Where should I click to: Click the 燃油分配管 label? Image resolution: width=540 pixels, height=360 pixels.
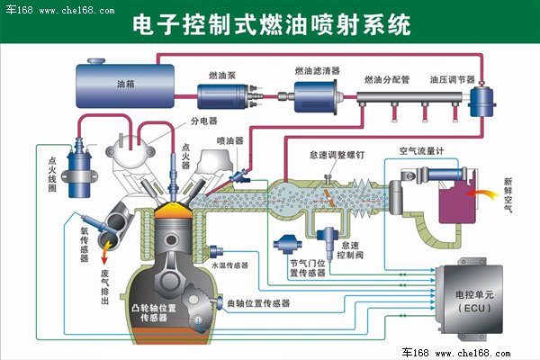click(387, 79)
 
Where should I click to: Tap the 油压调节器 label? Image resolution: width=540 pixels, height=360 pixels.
click(452, 79)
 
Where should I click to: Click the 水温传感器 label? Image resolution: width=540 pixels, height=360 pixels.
click(229, 265)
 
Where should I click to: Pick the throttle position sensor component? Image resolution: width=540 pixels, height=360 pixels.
click(291, 245)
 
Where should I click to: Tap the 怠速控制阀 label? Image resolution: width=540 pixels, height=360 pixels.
click(352, 249)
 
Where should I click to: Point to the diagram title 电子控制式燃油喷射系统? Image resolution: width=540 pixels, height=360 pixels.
click(270, 23)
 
